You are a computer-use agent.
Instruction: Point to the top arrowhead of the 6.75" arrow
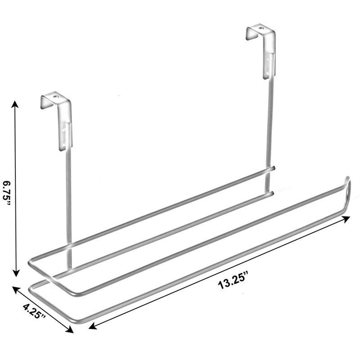16,105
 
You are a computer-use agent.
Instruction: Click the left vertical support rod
68,202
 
